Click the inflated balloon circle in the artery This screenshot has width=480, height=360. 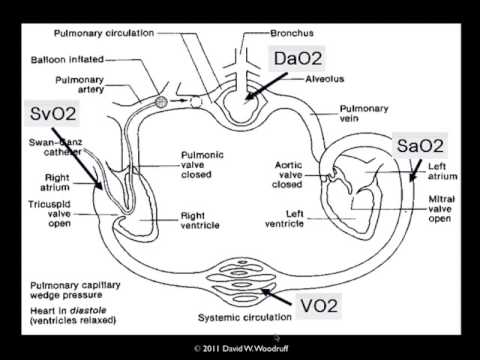tap(161, 101)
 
